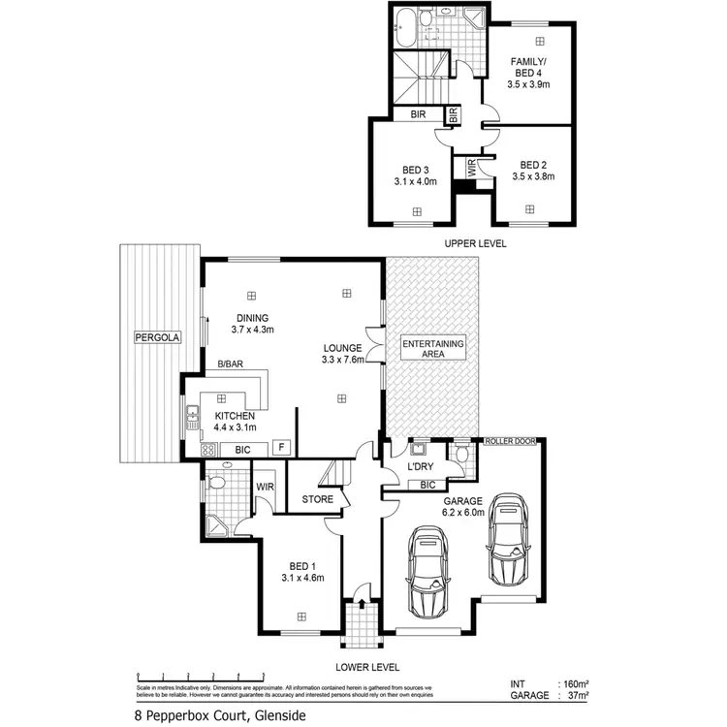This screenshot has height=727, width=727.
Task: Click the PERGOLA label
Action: [x=156, y=338]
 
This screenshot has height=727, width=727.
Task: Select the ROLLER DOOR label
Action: [x=512, y=441]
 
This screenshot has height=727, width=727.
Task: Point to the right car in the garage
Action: [x=507, y=540]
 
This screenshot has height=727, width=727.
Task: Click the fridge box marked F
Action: [x=281, y=448]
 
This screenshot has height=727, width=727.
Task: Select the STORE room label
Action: [x=317, y=500]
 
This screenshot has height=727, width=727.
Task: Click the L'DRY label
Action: [x=421, y=467]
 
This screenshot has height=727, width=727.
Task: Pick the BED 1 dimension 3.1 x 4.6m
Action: [x=302, y=579]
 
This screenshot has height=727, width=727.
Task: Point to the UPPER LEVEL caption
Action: [x=475, y=243]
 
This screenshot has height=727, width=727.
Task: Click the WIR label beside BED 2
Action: [x=472, y=167]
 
